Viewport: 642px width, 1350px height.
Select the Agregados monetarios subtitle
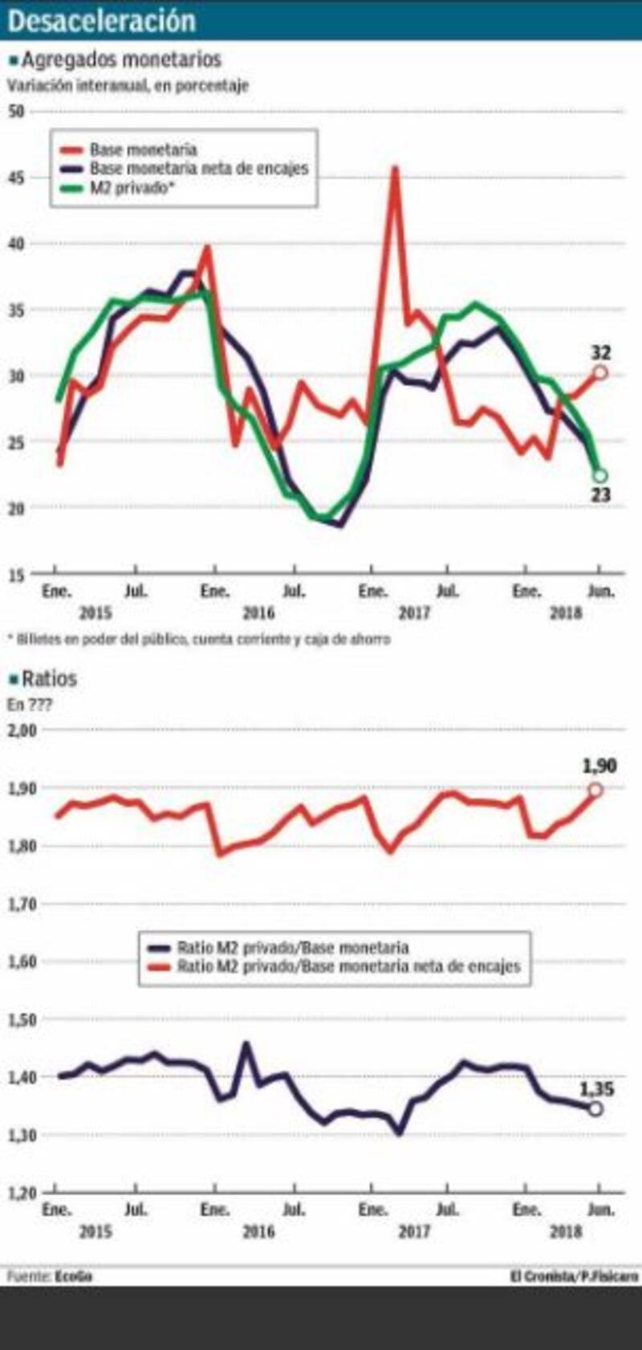coord(120,59)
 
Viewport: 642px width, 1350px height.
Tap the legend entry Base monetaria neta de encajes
coord(199,169)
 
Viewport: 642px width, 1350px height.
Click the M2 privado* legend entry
coord(132,189)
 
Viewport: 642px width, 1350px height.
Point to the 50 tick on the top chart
coord(16,111)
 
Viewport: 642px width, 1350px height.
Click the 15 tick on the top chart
coord(16,574)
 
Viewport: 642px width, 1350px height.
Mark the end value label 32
coord(601,352)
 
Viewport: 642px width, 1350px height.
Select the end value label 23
coord(601,495)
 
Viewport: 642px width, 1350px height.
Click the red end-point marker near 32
coord(599,372)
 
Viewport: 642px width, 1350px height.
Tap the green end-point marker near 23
coord(599,476)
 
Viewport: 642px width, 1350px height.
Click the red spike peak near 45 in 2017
coord(395,169)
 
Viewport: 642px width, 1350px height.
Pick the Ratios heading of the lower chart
coord(49,679)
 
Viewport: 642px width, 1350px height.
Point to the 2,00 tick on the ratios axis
coord(22,730)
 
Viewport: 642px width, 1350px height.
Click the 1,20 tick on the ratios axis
coord(22,1193)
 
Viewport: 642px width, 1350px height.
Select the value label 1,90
coord(599,766)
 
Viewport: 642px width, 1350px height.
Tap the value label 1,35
coord(597,1089)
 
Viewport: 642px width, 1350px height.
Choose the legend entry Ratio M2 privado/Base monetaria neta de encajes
coord(348,966)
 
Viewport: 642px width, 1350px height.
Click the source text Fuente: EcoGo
coord(49,1275)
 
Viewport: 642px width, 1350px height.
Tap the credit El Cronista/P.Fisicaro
coord(573,1275)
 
